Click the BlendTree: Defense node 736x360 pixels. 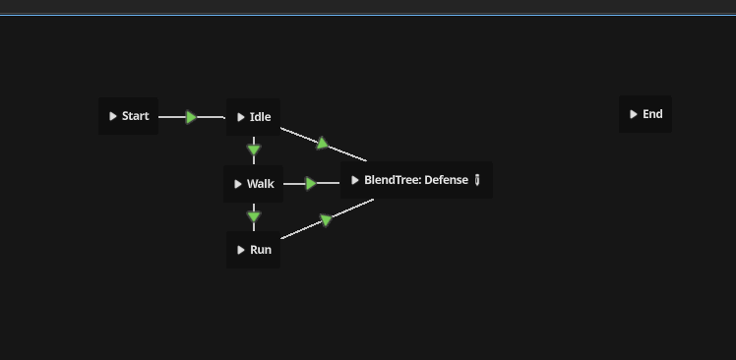415,180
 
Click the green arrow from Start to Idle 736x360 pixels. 191,117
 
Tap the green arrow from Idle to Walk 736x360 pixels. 254,150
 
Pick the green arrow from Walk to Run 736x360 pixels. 254,216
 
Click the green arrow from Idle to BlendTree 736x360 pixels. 322,143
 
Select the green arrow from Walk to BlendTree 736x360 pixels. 311,184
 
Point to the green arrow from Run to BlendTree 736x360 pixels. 327,219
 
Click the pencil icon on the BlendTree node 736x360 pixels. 477,180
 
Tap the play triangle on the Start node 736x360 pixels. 113,116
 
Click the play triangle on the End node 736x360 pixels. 633,114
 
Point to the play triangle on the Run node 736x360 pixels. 241,250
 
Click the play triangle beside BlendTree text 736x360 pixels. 355,180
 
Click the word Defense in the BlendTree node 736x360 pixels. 446,180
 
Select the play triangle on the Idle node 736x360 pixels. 241,117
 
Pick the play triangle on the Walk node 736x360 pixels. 238,184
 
